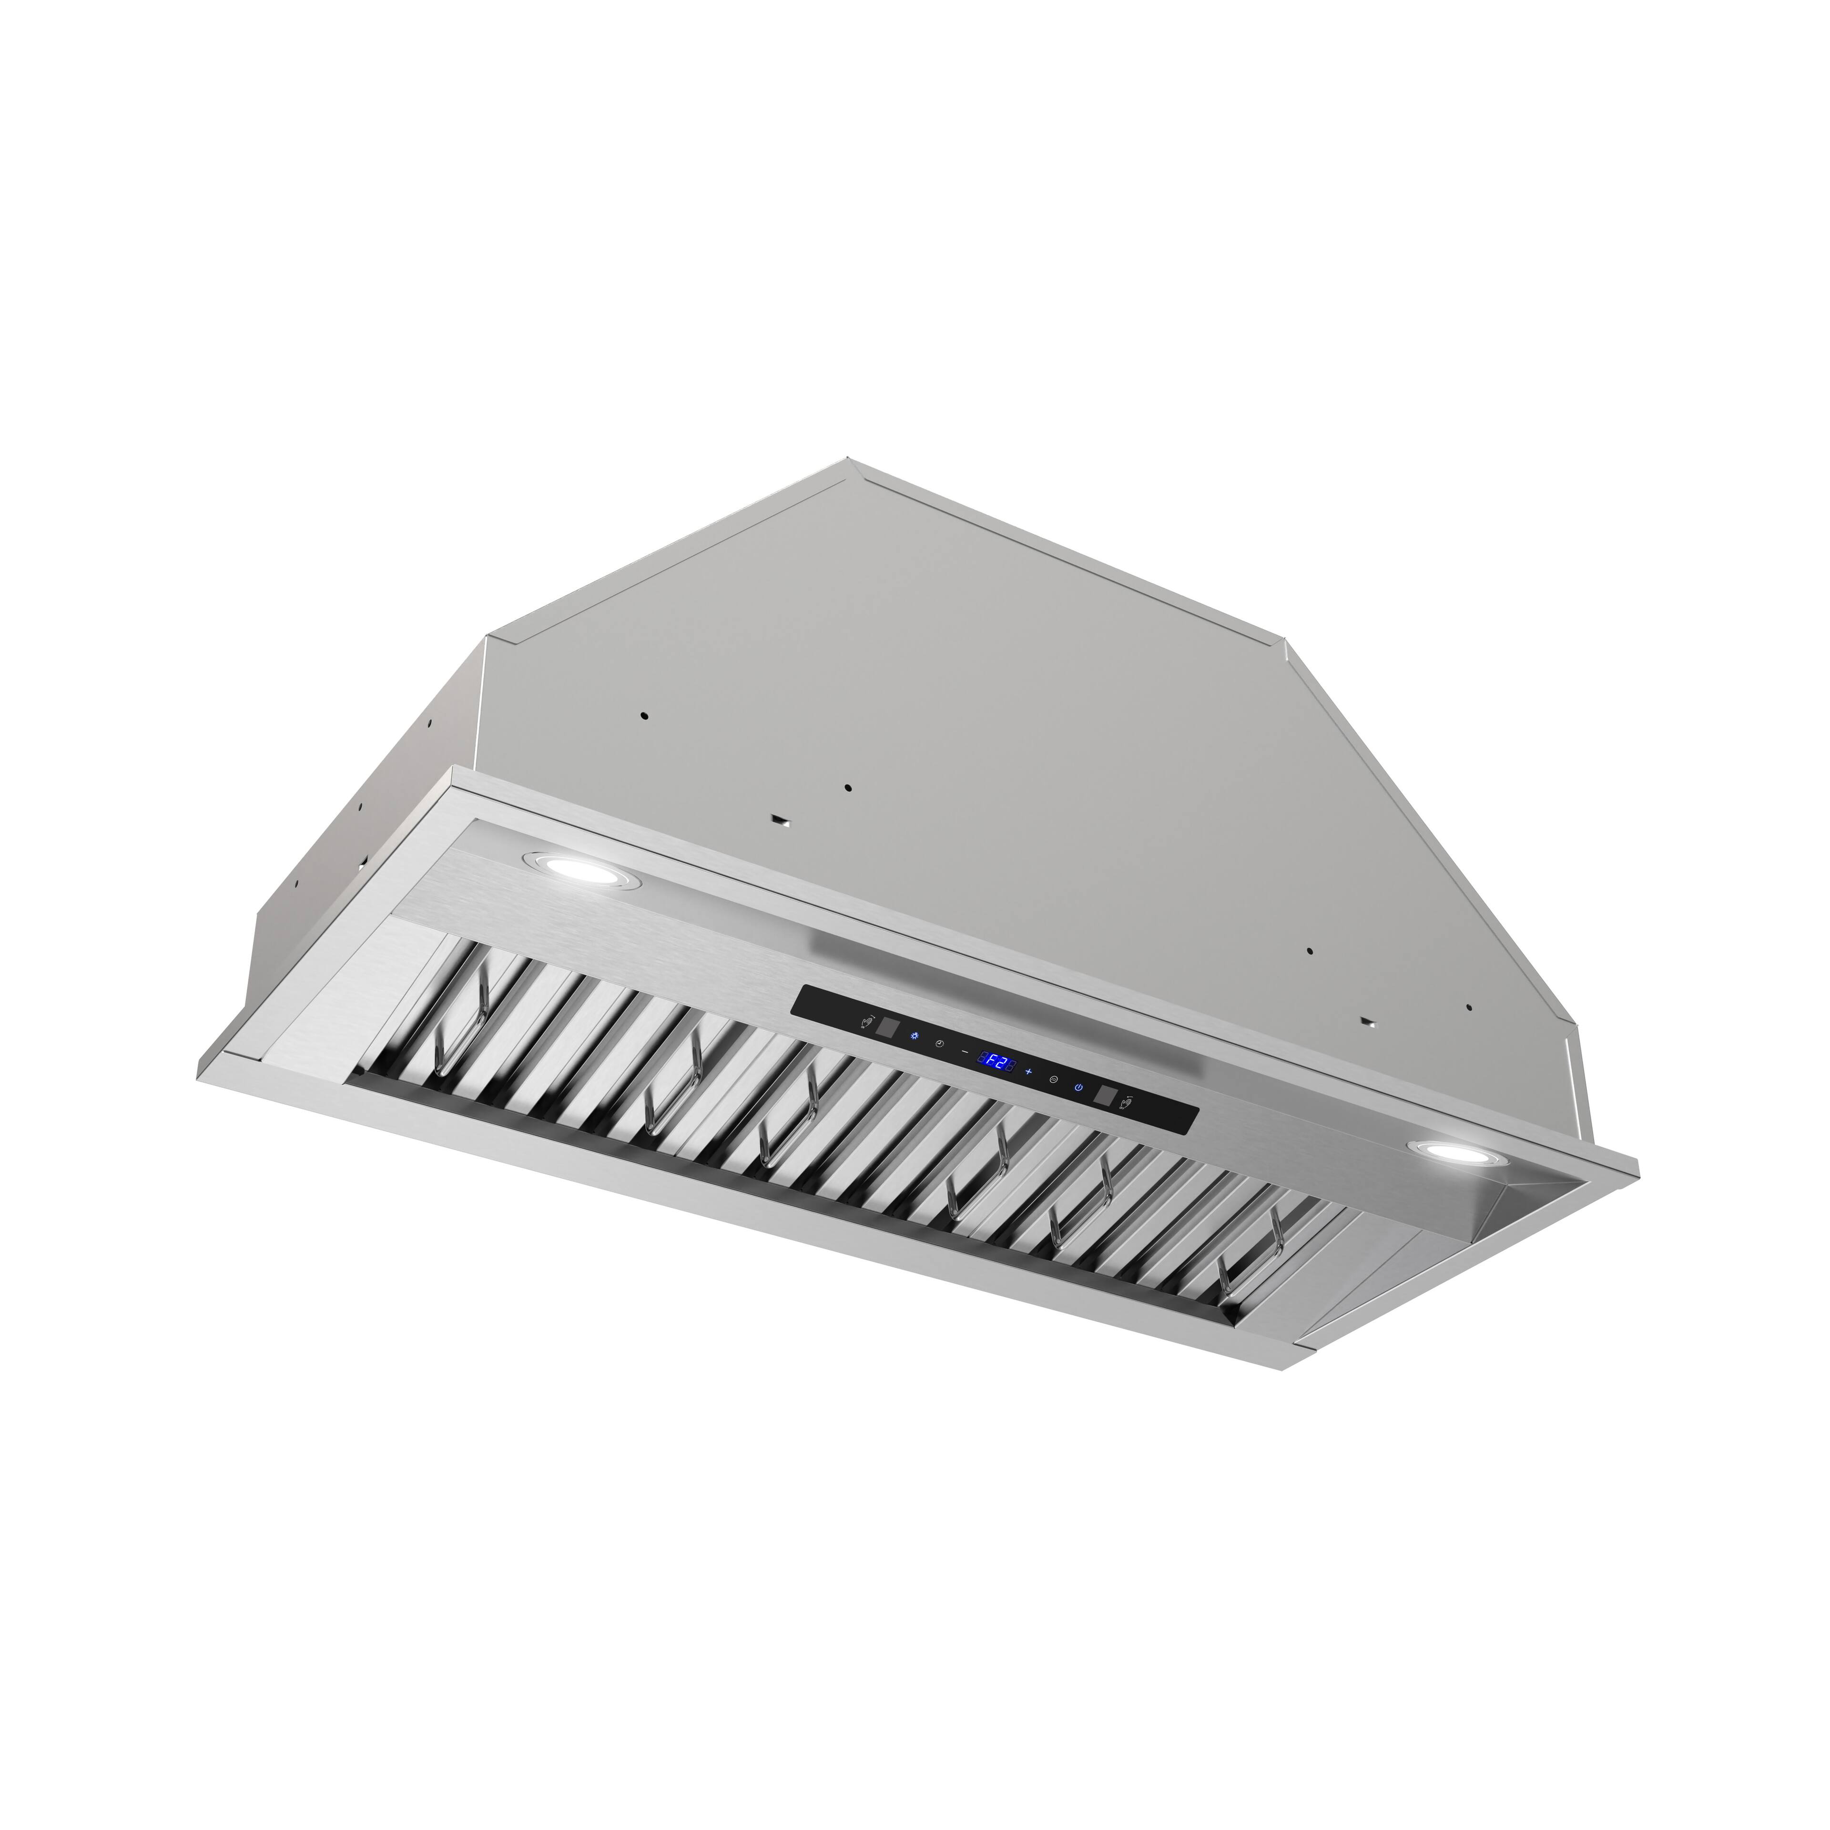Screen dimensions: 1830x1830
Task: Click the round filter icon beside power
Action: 1053,1080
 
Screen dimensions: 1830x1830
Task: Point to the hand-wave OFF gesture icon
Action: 1125,1103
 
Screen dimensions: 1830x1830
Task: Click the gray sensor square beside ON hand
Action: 887,1028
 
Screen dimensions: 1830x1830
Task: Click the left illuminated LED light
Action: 567,865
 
